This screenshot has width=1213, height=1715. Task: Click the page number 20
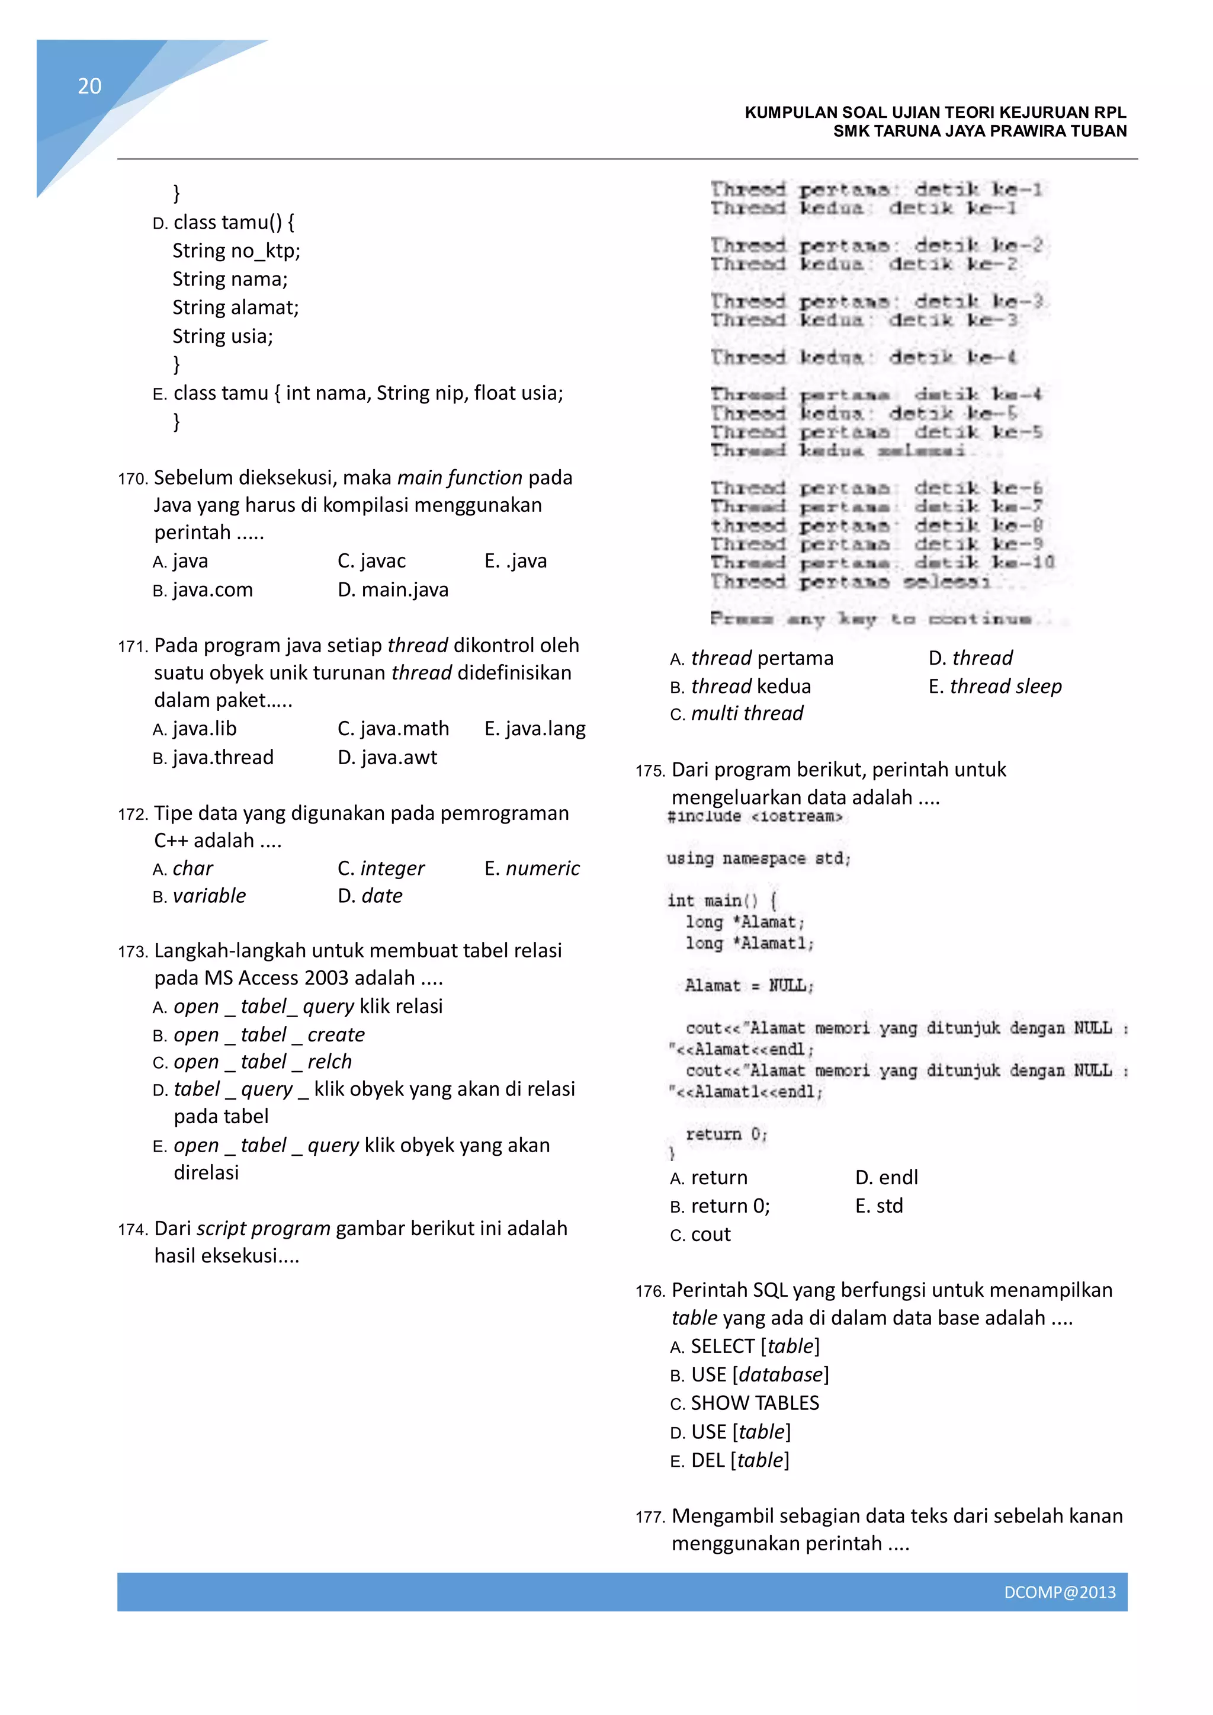point(89,86)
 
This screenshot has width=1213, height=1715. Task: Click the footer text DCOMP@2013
point(1059,1592)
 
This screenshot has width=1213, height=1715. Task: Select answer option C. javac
point(372,561)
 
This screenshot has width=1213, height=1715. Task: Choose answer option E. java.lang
point(535,728)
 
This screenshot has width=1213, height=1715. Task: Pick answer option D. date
point(370,896)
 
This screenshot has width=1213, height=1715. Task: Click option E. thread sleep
point(995,687)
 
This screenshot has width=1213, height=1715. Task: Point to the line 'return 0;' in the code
point(726,1134)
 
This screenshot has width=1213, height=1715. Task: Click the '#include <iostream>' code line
point(755,816)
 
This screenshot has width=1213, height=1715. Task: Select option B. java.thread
point(214,758)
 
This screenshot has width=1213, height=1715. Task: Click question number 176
point(650,1291)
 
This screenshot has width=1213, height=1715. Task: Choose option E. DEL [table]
point(730,1460)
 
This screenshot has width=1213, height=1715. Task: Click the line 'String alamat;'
point(235,307)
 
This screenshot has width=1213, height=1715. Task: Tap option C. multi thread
point(736,714)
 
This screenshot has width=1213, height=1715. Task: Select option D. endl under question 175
point(887,1178)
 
